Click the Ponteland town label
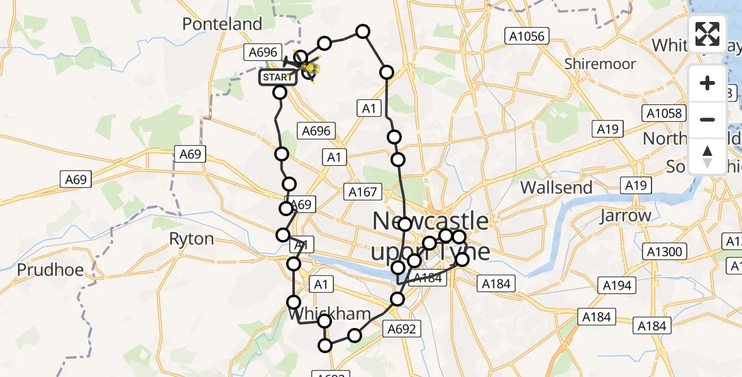(222, 25)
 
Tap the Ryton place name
(191, 239)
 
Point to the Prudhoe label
(50, 270)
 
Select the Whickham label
(328, 314)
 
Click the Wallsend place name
(556, 187)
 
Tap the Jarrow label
(625, 216)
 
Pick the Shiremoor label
(600, 64)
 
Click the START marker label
(277, 77)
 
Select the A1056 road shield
(526, 36)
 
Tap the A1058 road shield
(664, 113)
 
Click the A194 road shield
(617, 285)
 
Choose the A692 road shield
(402, 329)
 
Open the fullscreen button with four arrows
(707, 34)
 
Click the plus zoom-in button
(707, 83)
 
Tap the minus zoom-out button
(707, 119)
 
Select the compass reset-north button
(707, 156)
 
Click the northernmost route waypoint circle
(363, 31)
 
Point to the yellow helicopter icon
(311, 68)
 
